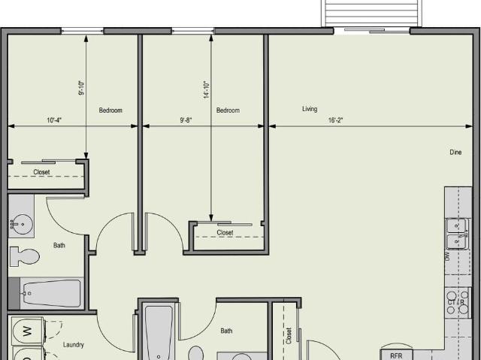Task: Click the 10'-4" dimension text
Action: [x=53, y=120]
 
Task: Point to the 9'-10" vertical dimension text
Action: [x=81, y=89]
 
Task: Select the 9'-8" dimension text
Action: [x=186, y=120]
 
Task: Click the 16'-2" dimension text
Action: [x=335, y=120]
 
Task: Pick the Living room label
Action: [x=310, y=109]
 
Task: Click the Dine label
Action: [x=455, y=153]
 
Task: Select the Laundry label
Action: [x=73, y=345]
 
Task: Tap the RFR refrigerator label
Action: [x=396, y=355]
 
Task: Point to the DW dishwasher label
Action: [x=448, y=256]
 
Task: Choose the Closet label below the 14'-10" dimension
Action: [x=225, y=233]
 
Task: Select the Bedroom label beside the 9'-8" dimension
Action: [x=228, y=110]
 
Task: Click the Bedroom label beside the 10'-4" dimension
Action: [x=110, y=110]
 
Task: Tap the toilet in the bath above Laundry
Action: [x=24, y=256]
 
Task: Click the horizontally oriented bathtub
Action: [x=51, y=293]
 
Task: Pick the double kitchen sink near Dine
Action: [x=458, y=233]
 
